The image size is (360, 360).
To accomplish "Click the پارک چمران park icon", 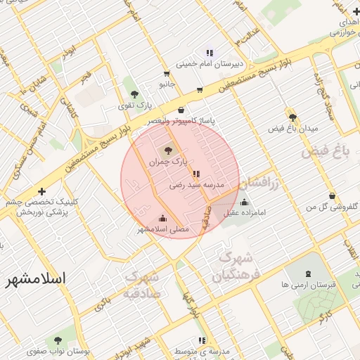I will coord(167,150).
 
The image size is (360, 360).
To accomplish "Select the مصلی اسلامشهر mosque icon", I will coord(163,218).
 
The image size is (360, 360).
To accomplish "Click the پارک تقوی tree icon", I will coord(134,95).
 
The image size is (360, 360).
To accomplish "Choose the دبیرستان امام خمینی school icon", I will coord(209,53).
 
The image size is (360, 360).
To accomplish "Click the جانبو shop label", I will coord(167,84).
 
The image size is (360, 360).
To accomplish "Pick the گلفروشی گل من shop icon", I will coord(332,196).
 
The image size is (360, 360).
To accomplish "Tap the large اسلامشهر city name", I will coord(34,279).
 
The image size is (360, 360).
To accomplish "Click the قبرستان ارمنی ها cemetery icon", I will coord(309,274).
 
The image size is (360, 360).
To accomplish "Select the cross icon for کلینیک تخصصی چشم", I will coord(42,191).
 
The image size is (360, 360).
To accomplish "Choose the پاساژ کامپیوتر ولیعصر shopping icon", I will coord(181,110).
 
